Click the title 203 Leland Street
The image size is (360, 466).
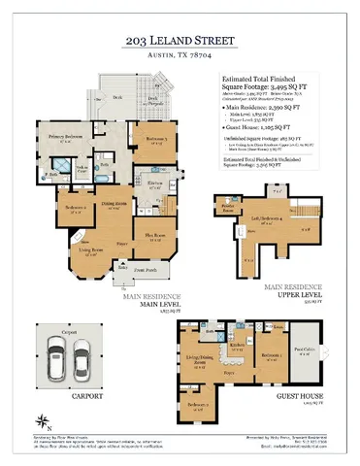pyautogui.click(x=180, y=42)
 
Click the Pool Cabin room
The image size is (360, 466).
pyautogui.click(x=304, y=353)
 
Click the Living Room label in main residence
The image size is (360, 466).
pyautogui.click(x=79, y=251)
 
